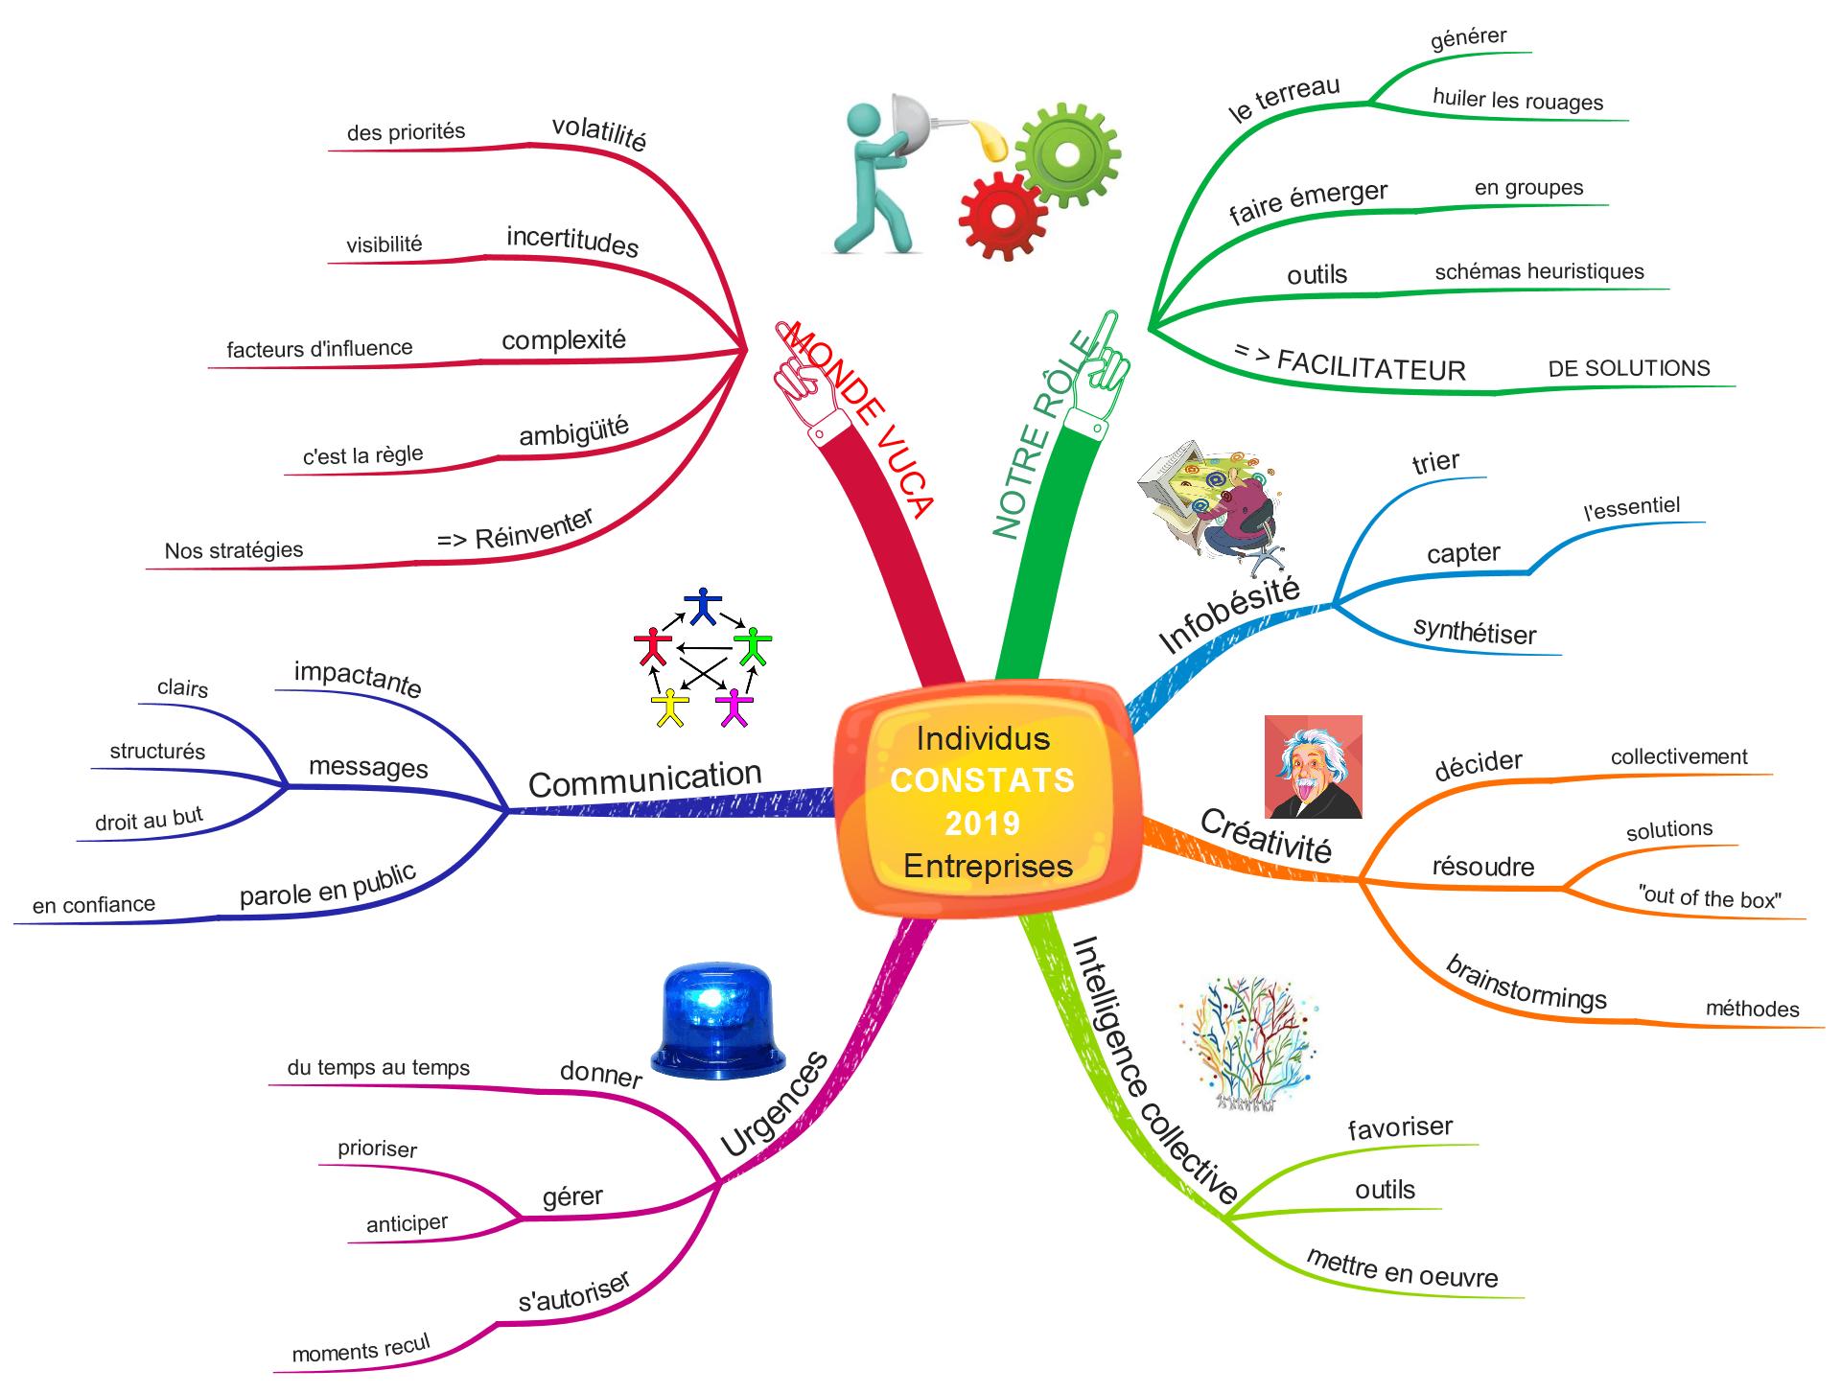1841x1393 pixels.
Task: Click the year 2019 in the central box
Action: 982,823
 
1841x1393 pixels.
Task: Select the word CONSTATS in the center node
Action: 982,780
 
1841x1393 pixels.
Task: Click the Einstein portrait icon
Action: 1313,767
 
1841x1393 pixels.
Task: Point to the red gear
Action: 1003,217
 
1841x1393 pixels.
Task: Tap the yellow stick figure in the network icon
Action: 669,707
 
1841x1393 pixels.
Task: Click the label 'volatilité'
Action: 599,132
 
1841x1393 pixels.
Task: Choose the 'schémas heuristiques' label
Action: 1539,272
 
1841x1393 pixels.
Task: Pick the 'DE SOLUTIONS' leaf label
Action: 1628,368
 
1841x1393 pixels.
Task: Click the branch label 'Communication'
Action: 644,780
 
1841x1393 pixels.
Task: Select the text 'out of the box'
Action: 1711,898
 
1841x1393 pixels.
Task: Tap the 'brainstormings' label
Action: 1526,983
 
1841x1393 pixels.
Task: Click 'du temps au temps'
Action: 378,1068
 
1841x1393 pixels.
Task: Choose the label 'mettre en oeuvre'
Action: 1401,1269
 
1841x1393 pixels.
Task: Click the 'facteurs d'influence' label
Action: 319,349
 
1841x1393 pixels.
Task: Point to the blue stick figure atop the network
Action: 705,605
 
